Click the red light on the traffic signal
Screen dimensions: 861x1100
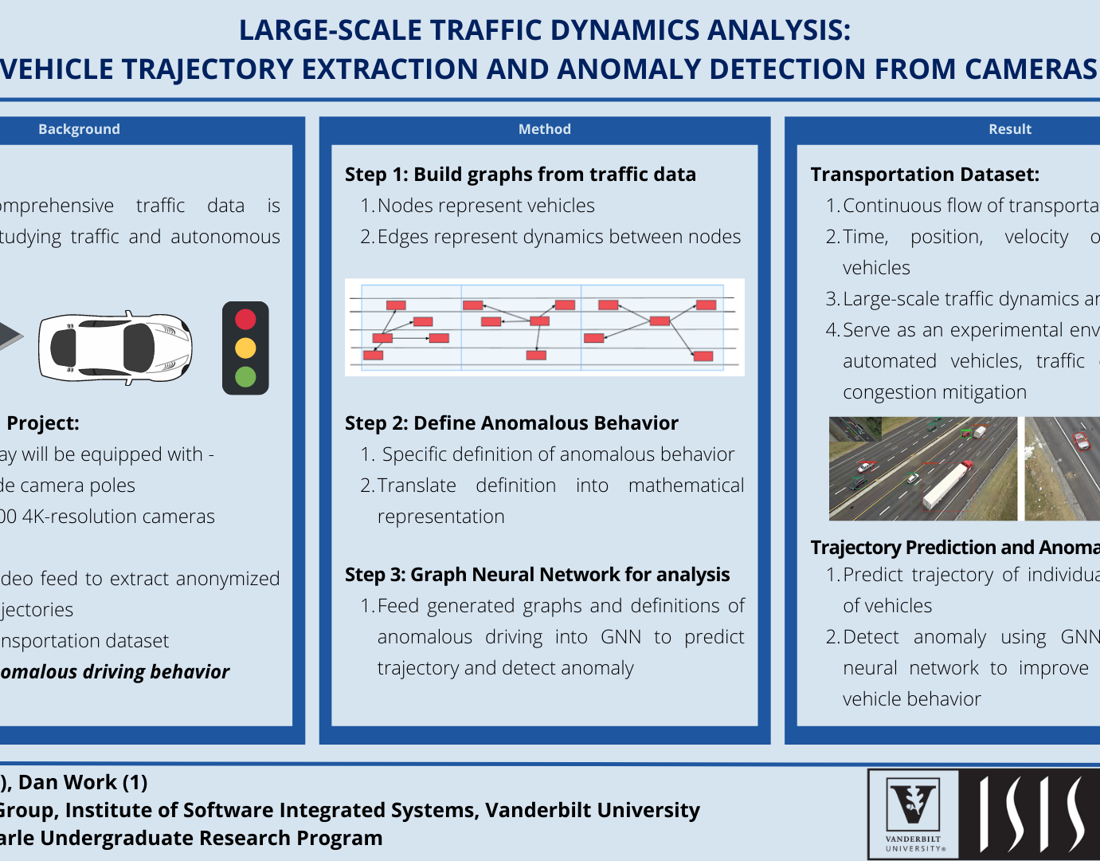point(245,320)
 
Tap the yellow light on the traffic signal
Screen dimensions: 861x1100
point(245,348)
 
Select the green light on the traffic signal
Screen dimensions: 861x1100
point(245,376)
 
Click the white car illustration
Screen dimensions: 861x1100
point(115,348)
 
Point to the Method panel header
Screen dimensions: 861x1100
point(544,129)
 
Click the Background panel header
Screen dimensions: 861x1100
point(79,129)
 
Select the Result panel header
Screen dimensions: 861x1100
point(1009,129)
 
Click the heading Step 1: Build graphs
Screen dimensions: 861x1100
point(520,175)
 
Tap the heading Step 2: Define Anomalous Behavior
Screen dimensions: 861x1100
point(511,423)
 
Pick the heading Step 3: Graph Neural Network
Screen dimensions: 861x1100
point(537,575)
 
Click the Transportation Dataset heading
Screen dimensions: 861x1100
point(925,175)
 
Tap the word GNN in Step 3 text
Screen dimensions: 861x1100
point(620,637)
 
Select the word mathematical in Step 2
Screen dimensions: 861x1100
point(686,486)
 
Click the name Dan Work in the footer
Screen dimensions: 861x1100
point(68,783)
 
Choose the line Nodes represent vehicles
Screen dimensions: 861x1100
point(486,206)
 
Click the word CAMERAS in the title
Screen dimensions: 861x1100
point(1031,69)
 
